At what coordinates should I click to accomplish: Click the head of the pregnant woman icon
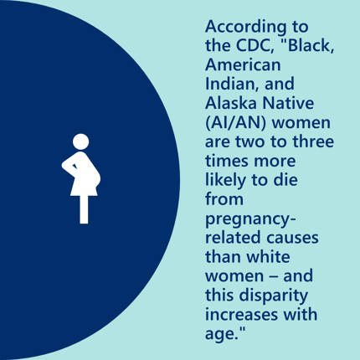81,141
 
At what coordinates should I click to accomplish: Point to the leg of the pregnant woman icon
84,209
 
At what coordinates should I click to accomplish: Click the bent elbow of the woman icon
65,165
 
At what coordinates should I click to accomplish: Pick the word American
243,64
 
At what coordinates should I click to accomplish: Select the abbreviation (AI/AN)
236,123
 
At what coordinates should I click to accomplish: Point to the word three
313,141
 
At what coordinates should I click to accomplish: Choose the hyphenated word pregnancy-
250,219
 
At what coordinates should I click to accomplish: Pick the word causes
292,239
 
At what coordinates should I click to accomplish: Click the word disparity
274,296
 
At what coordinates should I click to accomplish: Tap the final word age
221,334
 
